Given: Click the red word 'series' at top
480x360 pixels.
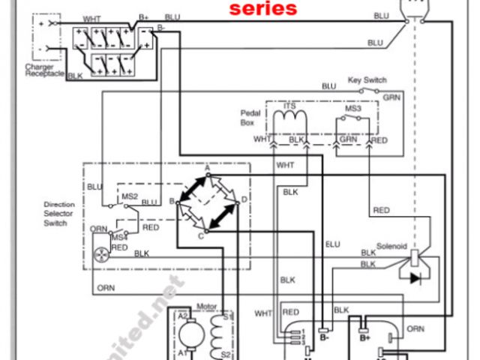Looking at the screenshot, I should click(x=262, y=9).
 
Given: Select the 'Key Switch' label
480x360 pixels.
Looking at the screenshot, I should click(x=367, y=79).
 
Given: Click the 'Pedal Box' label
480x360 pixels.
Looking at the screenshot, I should click(x=250, y=116).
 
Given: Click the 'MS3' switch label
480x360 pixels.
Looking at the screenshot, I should click(x=353, y=108).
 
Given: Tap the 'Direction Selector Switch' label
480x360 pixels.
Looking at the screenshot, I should click(x=59, y=214).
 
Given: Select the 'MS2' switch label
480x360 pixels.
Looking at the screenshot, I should click(x=130, y=197).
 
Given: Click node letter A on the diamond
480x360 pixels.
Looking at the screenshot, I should click(x=207, y=166).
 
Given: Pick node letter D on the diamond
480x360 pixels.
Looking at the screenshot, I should click(x=244, y=200).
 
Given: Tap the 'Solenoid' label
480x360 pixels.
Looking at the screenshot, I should click(x=390, y=244).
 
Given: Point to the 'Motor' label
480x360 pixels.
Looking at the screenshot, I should click(x=205, y=307).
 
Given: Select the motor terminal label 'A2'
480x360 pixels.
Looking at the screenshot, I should click(x=182, y=317).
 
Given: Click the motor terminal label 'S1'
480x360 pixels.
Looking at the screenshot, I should click(x=227, y=317).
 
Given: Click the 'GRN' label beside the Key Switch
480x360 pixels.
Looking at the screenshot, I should click(x=391, y=97).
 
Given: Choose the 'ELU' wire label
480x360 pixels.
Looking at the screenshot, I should click(x=332, y=244).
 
